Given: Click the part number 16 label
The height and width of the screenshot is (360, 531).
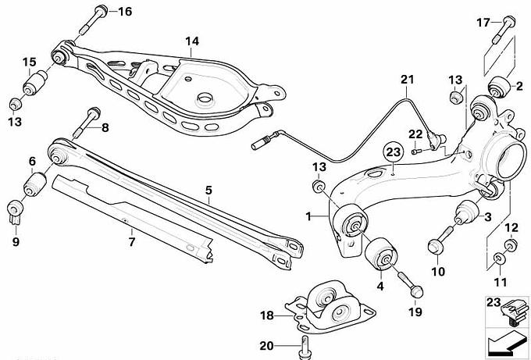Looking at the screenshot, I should [x=125, y=11].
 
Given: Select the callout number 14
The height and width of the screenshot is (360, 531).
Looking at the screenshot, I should [x=192, y=41].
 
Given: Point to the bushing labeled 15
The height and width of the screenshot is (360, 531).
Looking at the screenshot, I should [x=36, y=81].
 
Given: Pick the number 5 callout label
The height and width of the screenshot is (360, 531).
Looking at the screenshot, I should [x=208, y=188].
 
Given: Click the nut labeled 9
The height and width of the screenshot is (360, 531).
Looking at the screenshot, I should [x=14, y=211].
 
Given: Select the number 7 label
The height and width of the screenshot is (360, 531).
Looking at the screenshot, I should [x=131, y=232].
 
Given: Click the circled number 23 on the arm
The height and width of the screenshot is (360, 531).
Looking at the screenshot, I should [x=392, y=153].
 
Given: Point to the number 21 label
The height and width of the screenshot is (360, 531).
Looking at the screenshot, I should [x=405, y=79].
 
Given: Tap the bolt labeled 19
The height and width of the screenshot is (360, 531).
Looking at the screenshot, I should [x=408, y=282].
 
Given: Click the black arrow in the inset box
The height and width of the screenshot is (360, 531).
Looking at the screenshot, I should [x=499, y=342].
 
